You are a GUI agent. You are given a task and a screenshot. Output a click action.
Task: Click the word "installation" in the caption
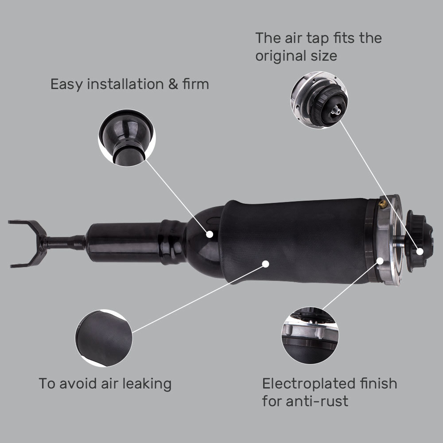125,84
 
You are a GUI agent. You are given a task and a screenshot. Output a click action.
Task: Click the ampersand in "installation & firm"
173,84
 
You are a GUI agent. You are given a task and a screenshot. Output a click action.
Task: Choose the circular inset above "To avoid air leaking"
104,338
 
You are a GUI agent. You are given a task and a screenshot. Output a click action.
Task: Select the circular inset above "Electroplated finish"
310,335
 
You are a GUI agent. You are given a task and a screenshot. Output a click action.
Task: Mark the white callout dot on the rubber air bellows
265,264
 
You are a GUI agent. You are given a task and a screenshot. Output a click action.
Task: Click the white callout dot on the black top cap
419,251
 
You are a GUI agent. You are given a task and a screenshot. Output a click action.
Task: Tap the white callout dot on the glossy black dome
210,233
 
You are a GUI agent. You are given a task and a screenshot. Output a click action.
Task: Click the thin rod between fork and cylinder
66,243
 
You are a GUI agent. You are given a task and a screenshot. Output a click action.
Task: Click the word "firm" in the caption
195,84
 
